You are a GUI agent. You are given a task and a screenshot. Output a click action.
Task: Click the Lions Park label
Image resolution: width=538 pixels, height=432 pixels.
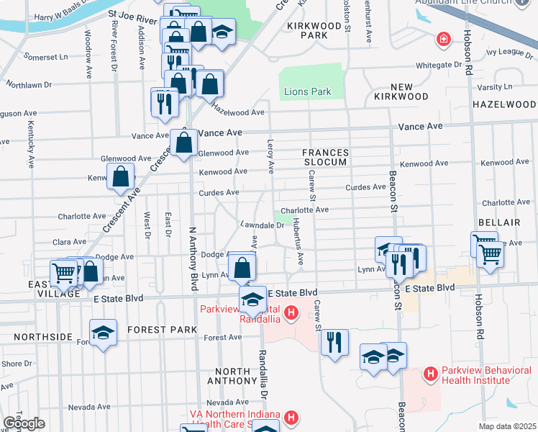pyautogui.click(x=307, y=91)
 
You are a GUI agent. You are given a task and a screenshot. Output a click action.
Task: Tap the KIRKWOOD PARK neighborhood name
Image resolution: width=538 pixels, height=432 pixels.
pyautogui.click(x=312, y=30)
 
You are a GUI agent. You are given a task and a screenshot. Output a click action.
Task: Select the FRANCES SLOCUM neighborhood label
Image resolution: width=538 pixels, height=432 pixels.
pyautogui.click(x=324, y=157)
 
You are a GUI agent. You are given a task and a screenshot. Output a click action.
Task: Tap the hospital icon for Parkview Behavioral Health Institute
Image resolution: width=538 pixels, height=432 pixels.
pyautogui.click(x=430, y=373)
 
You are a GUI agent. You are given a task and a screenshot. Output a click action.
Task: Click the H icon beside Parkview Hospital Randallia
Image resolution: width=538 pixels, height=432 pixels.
pyautogui.click(x=291, y=312)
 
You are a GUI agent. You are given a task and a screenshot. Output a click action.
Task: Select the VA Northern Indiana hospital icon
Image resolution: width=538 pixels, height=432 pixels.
pyautogui.click(x=291, y=417)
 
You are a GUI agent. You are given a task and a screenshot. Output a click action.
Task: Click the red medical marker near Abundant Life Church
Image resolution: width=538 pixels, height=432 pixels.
pyautogui.click(x=445, y=37)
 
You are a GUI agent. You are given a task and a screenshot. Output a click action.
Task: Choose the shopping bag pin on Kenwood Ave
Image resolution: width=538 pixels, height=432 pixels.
pyautogui.click(x=121, y=176)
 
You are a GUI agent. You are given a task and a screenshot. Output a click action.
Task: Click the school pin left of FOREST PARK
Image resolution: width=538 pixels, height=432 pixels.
pyautogui.click(x=104, y=333)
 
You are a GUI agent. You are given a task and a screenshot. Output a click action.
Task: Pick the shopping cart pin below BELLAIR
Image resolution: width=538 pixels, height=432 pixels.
pyautogui.click(x=490, y=252)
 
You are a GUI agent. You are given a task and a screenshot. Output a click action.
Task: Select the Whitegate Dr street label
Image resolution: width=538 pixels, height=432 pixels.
pyautogui.click(x=432, y=65)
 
